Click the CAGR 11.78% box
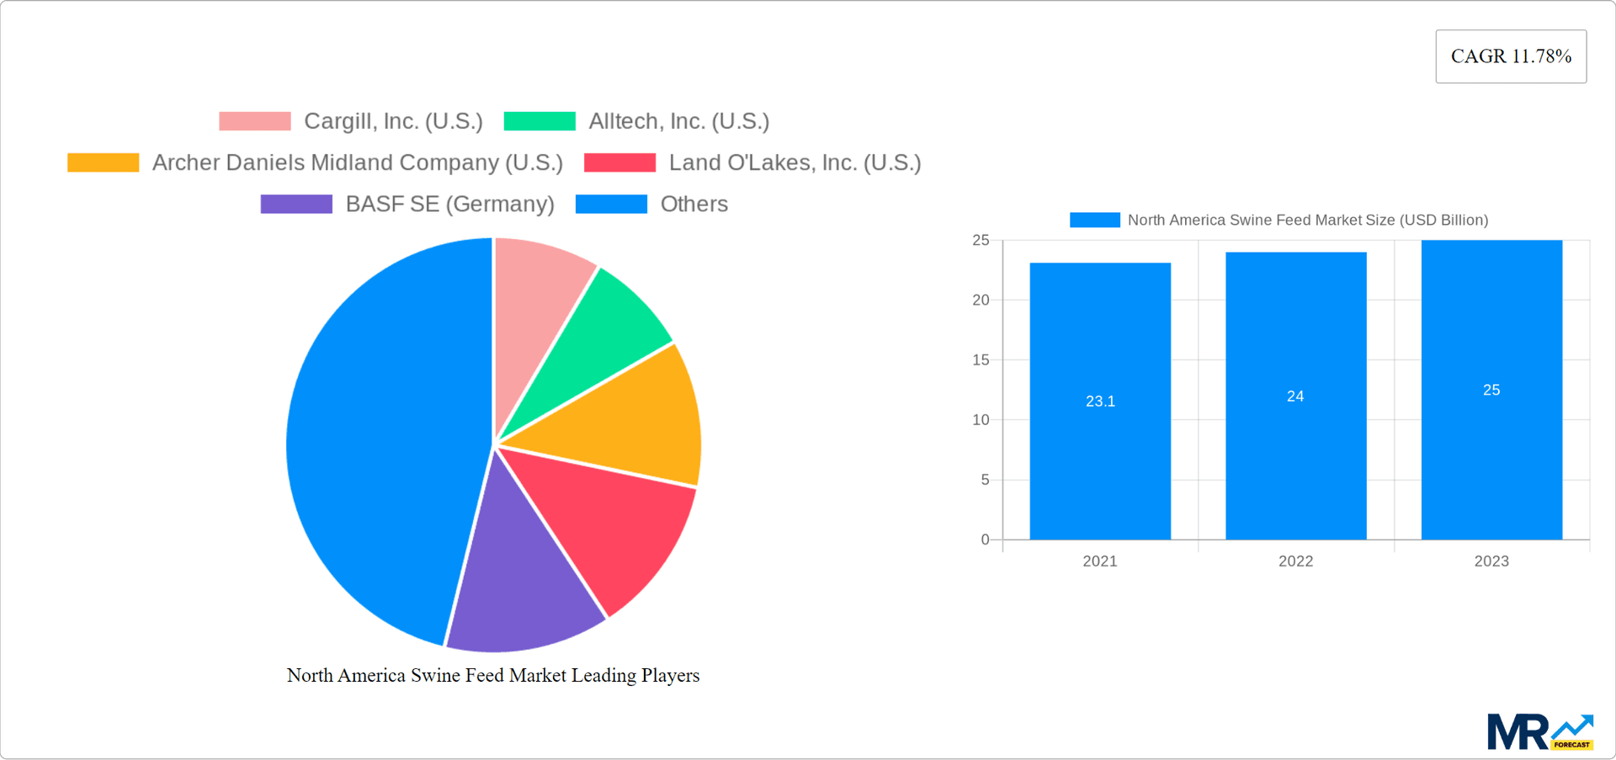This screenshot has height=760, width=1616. (x=1511, y=56)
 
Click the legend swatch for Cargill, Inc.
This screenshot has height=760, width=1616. (x=255, y=121)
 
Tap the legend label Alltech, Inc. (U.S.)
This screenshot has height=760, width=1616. (x=678, y=121)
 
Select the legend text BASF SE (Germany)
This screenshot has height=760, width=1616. (x=449, y=204)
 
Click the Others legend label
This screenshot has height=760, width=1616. (x=694, y=204)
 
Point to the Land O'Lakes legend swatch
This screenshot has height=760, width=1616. (x=619, y=162)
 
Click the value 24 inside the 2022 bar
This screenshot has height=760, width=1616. (x=1295, y=396)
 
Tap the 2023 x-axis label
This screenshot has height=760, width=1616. (x=1491, y=561)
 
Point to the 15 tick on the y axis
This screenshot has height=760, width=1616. (x=981, y=360)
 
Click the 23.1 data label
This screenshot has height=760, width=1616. (x=1100, y=401)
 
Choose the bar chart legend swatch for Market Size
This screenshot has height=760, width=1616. (x=1094, y=220)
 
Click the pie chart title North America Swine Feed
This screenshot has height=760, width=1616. (x=493, y=675)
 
